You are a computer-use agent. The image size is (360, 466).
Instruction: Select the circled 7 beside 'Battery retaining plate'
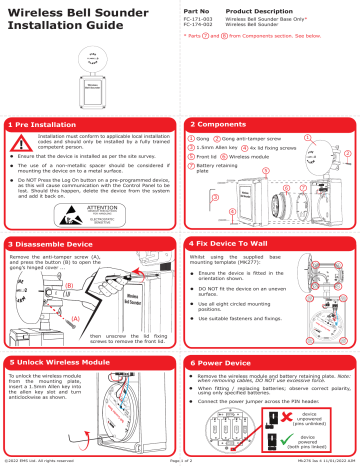pyautogui.click(x=190, y=167)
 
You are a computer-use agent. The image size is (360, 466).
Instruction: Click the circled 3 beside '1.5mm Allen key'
pyautogui.click(x=190, y=147)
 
